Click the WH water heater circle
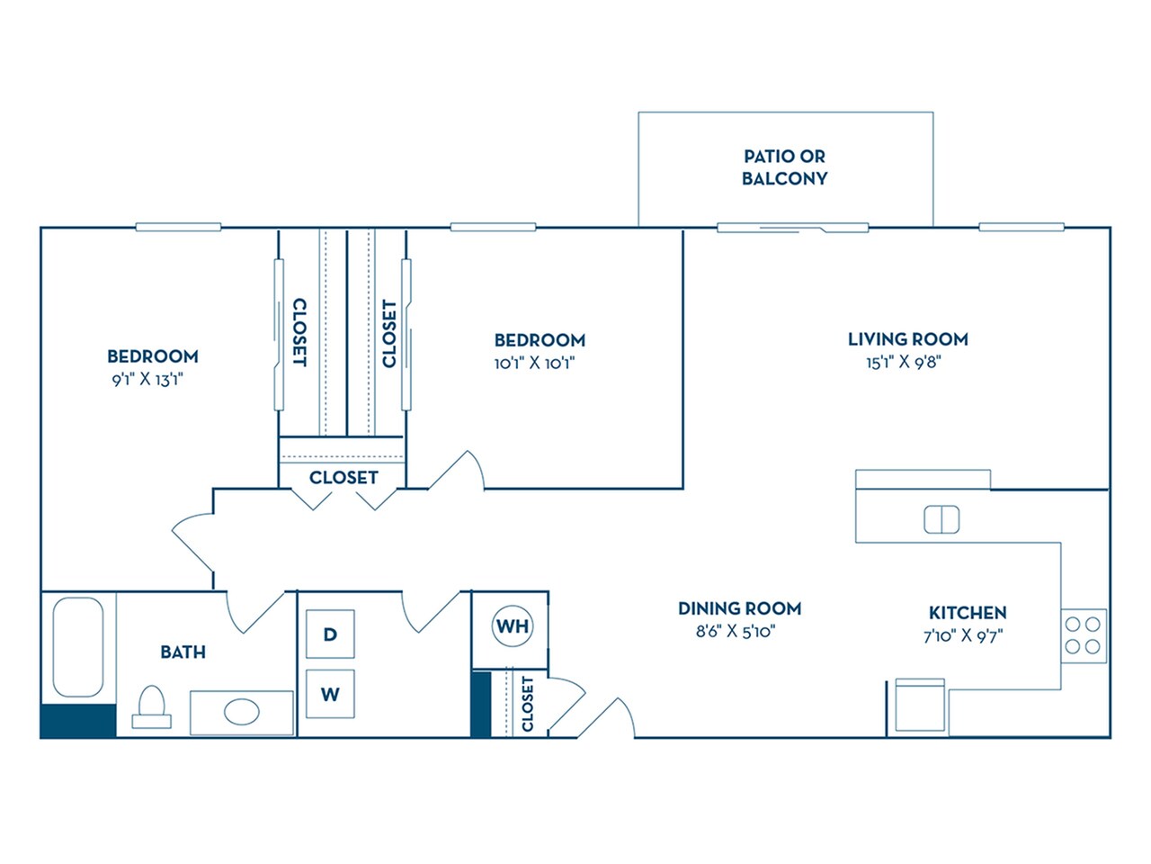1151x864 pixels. [x=513, y=625]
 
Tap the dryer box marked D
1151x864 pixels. [x=330, y=634]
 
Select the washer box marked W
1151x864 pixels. [x=330, y=694]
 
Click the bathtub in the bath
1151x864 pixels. [x=78, y=646]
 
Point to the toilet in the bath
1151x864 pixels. [x=151, y=706]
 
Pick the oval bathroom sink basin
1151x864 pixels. [x=241, y=714]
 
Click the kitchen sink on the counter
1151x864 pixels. [x=941, y=519]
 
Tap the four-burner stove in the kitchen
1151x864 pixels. [x=1084, y=634]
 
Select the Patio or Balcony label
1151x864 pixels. [x=784, y=167]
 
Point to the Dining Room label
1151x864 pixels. [x=739, y=608]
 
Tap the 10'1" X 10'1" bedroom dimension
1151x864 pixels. [x=534, y=364]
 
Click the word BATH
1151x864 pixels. [x=183, y=652]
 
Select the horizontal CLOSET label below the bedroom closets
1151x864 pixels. [x=344, y=477]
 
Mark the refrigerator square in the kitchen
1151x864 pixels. [x=920, y=705]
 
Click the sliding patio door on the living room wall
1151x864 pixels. [x=792, y=227]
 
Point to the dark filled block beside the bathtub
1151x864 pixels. [x=78, y=721]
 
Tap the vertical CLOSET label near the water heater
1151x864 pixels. [x=527, y=703]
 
